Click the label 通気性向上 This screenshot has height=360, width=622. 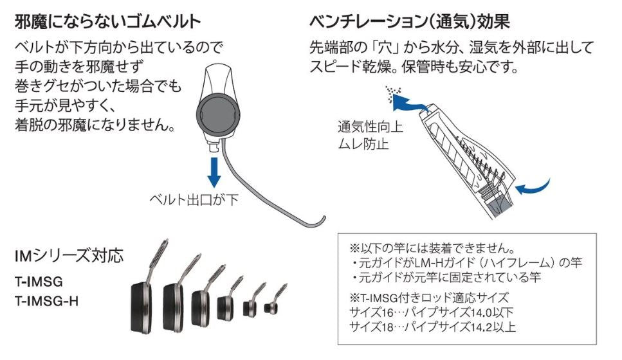click(370, 127)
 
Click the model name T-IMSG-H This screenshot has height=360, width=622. click(46, 300)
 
